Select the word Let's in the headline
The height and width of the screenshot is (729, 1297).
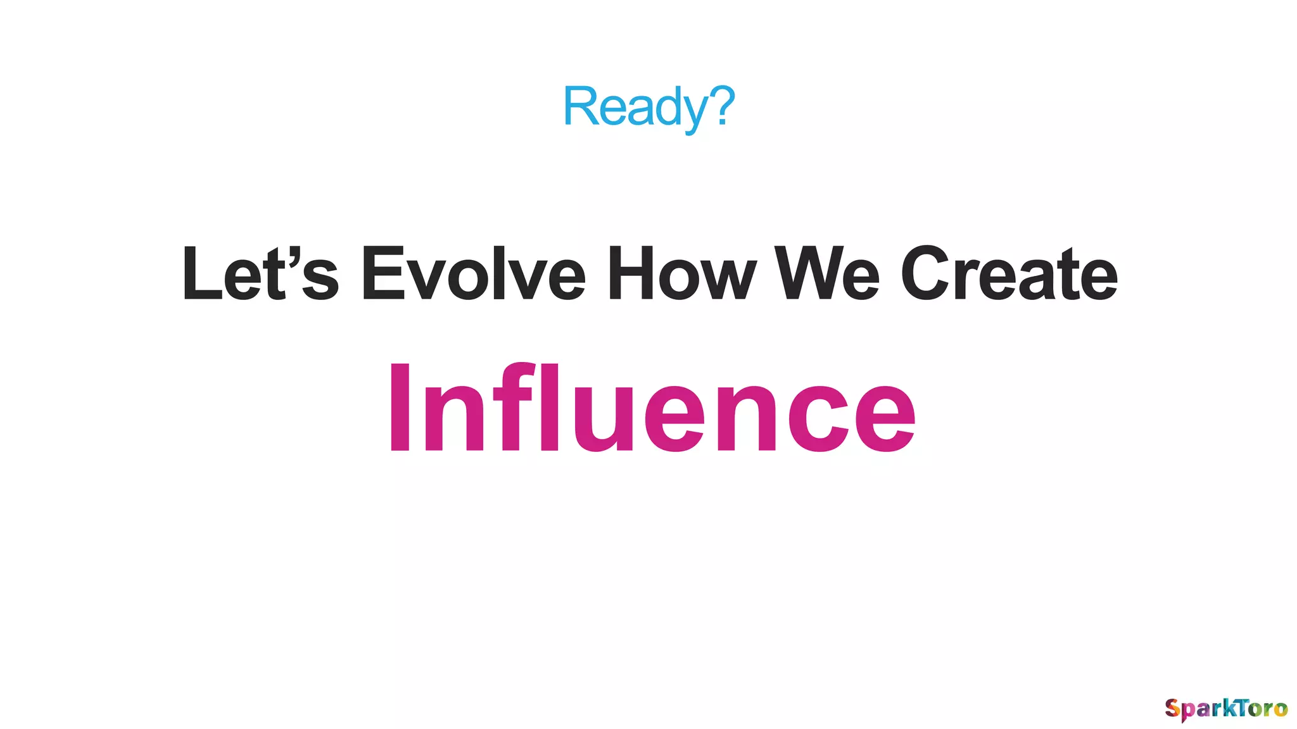coord(260,274)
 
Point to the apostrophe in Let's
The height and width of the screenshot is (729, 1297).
coord(291,256)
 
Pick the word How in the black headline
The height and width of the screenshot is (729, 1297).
coord(681,274)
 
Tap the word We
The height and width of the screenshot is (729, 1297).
coord(827,274)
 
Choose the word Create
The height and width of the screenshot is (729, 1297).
coord(1009,274)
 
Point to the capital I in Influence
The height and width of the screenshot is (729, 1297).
coord(399,408)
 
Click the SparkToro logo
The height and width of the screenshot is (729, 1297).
coord(1226,708)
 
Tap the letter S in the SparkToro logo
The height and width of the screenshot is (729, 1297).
coord(1173,707)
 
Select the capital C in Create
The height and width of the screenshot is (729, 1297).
coord(927,274)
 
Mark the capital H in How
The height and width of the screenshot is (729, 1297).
coord(630,274)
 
